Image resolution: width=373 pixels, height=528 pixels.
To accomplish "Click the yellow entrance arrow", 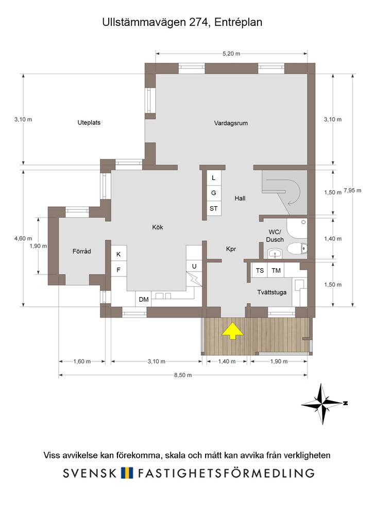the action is pos(232,332).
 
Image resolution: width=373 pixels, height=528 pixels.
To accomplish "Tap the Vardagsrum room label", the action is pos(231,123).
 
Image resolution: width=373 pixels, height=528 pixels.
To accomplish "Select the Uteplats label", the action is pos(89,123).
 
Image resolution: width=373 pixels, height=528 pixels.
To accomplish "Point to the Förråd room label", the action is pos(82,251).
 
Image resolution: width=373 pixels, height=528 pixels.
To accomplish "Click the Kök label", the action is pos(158,227).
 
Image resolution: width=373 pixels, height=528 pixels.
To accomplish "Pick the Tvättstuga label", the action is pos(272,292).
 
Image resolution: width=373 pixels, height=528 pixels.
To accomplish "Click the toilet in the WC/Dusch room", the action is pos(297,249).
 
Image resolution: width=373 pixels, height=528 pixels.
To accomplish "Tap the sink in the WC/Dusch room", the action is pos(276,254).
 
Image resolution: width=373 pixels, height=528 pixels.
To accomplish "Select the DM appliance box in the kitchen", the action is pos(144,299).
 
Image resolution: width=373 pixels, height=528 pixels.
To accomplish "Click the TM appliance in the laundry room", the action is pos(276,270).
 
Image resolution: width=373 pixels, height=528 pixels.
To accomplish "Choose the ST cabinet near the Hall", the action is pos(214,209).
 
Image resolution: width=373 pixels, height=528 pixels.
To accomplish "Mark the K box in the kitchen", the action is pos(118,254).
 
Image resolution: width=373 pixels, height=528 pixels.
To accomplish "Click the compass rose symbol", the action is pos(323,403).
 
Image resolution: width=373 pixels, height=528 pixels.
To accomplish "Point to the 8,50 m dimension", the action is pos(183,375).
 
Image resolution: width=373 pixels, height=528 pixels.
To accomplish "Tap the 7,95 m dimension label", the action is pos(352,191).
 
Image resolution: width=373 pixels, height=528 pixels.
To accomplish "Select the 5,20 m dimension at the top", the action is pos(231,53).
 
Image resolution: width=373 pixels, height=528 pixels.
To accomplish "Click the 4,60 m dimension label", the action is pos(23,238).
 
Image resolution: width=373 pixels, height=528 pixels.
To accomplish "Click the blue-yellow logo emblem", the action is pos(127,473).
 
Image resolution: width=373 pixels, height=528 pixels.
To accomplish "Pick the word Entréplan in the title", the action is pos(238,22).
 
